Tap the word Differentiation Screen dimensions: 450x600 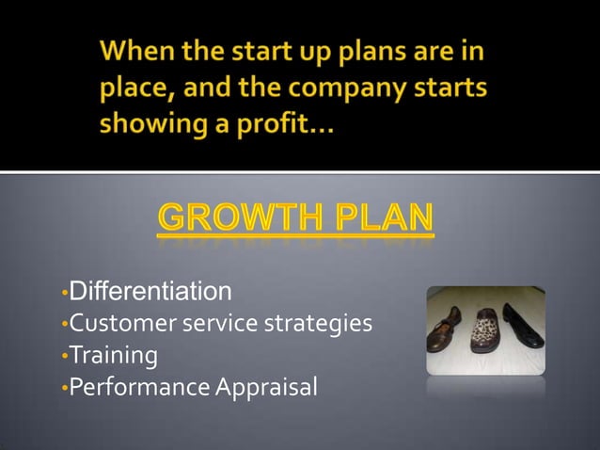[150, 287]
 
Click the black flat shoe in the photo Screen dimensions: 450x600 [523, 325]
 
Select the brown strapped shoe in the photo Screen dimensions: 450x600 [446, 331]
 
